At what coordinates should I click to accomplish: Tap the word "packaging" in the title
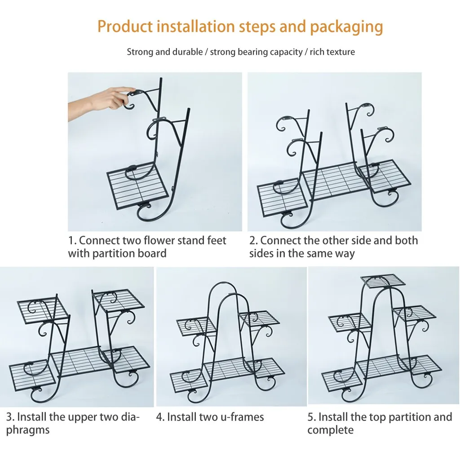(347, 27)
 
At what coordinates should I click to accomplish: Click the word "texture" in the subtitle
(341, 52)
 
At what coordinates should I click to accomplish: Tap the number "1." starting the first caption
(72, 241)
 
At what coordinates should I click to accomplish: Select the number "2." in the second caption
(254, 241)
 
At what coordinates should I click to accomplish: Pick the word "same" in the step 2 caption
(317, 254)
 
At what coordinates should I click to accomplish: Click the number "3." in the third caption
(10, 417)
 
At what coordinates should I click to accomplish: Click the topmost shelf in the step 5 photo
(383, 280)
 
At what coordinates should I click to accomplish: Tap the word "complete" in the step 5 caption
(331, 430)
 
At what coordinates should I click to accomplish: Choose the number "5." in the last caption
(312, 417)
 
